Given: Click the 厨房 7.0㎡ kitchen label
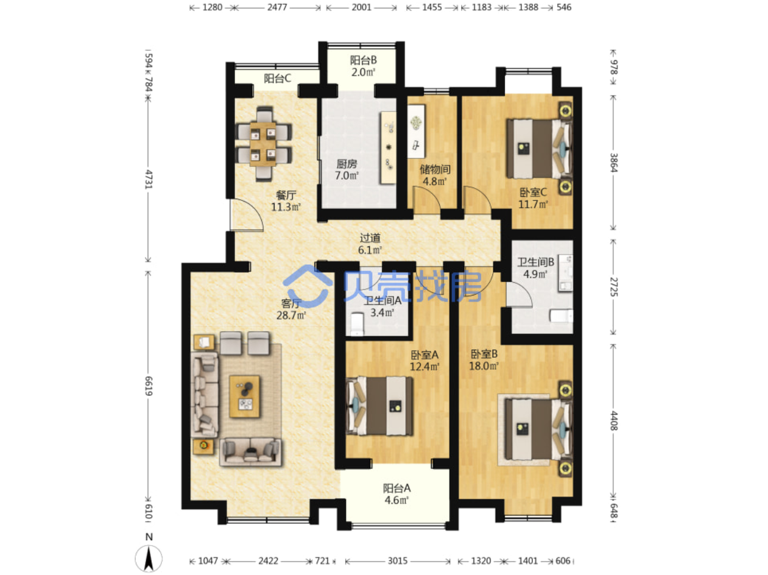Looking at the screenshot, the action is click(x=347, y=169).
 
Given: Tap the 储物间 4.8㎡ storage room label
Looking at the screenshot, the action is click(x=435, y=175).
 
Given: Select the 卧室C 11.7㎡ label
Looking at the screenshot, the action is click(x=533, y=198).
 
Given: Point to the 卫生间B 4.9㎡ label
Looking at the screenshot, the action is click(x=535, y=268).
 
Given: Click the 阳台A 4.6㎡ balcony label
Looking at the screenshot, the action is click(x=396, y=494).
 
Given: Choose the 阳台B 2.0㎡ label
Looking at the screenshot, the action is click(x=363, y=66).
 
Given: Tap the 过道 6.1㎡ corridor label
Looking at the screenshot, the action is click(x=370, y=244).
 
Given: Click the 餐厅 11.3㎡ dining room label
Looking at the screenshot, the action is click(x=286, y=201).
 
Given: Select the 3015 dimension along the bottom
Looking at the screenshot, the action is click(x=398, y=560).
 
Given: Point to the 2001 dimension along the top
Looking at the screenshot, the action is click(x=361, y=7).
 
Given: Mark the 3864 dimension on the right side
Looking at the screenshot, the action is click(x=614, y=163).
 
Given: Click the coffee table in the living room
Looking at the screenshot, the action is click(x=245, y=397).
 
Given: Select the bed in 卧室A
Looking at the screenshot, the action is click(x=379, y=406).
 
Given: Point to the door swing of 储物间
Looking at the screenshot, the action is click(x=427, y=199).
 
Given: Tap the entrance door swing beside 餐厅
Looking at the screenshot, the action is click(x=246, y=215).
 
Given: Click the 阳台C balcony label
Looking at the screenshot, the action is click(x=277, y=78).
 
